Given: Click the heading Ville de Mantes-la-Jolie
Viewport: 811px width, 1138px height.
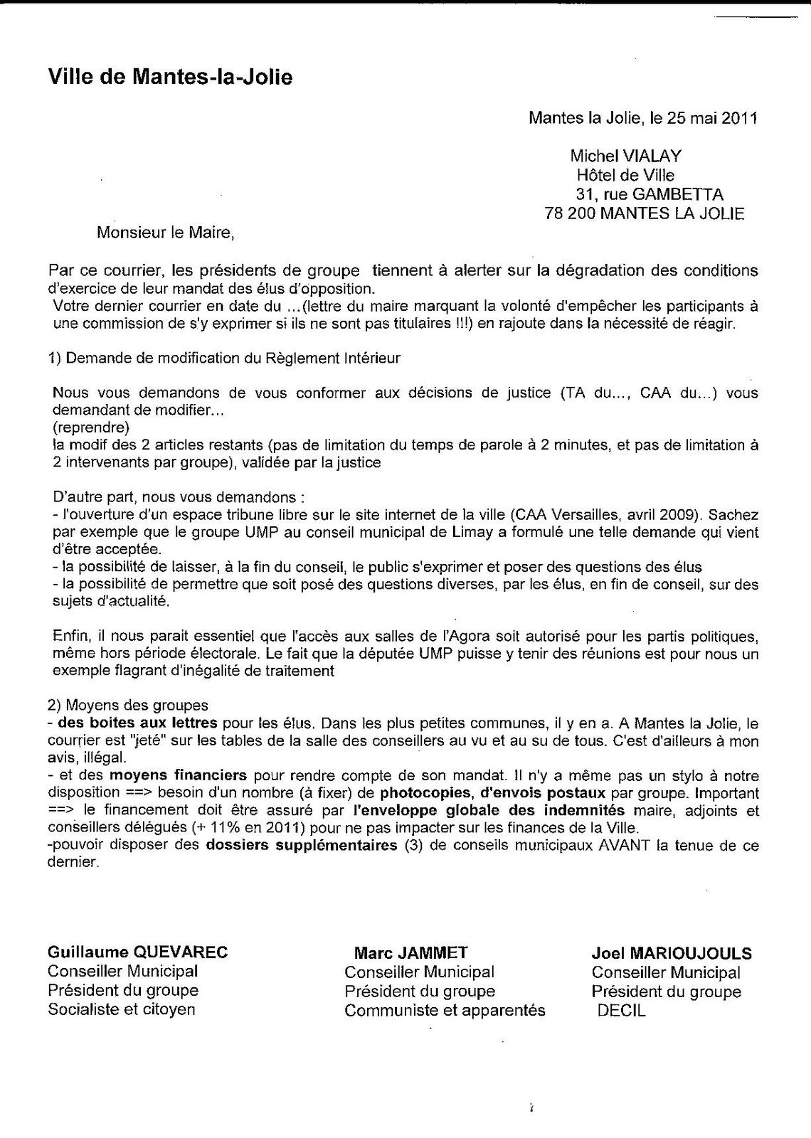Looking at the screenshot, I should (x=170, y=77).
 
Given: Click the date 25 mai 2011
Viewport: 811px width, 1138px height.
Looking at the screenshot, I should (x=712, y=118).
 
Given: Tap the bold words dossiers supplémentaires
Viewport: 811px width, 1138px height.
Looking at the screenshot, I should (x=302, y=846).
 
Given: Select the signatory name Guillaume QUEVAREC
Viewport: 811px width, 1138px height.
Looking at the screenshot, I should (x=138, y=952).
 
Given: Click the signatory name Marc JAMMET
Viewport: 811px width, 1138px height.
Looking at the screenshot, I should (x=410, y=953).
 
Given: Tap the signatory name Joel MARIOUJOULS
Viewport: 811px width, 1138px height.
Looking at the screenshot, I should (x=671, y=953).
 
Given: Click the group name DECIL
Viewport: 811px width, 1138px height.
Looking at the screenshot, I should (x=622, y=1011).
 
